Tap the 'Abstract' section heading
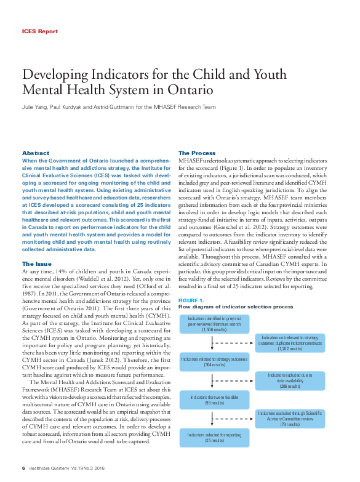36,153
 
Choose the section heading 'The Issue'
37,264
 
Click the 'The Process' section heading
197,153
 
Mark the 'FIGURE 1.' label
191,300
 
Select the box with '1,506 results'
214,324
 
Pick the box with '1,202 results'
289,343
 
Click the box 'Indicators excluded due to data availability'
289,380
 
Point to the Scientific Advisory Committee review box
289,419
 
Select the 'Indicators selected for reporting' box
214,438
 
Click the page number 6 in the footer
23,468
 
